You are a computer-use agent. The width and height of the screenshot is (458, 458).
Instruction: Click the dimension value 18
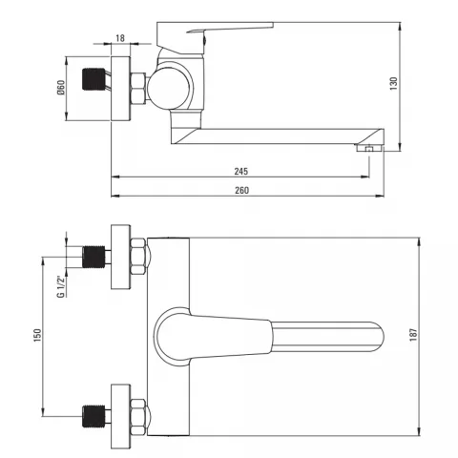120,38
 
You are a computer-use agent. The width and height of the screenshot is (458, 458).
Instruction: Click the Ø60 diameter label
61,88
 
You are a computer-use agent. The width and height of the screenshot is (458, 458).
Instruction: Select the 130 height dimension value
394,84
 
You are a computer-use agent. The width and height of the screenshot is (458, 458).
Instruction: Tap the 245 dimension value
241,172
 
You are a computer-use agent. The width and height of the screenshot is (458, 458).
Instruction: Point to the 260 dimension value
241,191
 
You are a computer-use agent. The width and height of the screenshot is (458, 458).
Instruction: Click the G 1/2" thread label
61,286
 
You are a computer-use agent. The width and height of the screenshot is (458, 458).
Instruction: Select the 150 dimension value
37,336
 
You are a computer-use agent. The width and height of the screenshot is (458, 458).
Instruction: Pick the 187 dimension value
413,335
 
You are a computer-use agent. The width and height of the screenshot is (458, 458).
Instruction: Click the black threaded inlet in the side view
94,79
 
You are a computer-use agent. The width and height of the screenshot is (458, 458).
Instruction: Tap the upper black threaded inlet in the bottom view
94,257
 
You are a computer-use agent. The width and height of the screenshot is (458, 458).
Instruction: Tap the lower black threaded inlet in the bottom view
94,416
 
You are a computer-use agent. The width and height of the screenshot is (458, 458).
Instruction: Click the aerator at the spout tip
369,148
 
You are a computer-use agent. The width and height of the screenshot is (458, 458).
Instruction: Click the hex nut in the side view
138,89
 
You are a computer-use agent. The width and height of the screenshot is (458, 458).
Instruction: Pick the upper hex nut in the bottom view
138,257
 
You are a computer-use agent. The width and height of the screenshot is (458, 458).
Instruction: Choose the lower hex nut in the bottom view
138,417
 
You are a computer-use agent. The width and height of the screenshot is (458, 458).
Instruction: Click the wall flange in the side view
121,89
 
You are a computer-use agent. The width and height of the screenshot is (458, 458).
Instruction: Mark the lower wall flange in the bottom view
121,417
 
